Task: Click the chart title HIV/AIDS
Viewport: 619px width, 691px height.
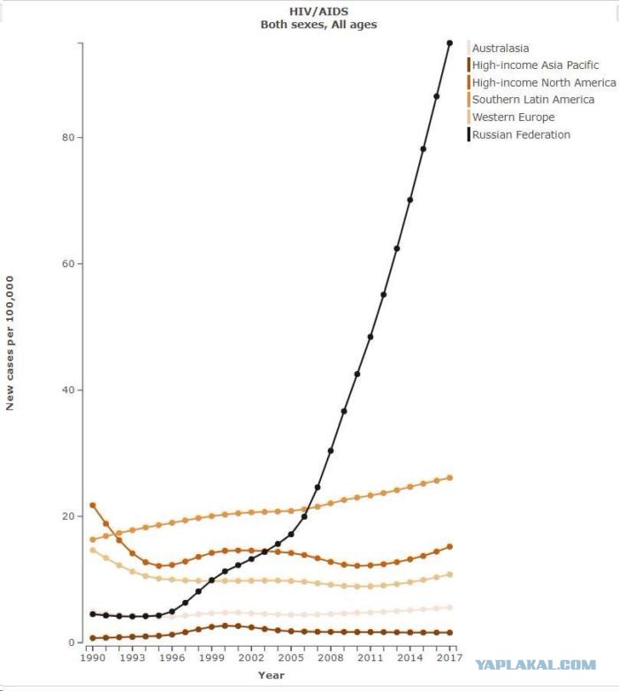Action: point(318,11)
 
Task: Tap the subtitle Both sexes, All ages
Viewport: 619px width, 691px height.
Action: point(318,25)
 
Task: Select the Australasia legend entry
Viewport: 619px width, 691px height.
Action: point(501,48)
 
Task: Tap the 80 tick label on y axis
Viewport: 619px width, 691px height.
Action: point(68,137)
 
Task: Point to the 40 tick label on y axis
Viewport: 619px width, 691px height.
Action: point(68,390)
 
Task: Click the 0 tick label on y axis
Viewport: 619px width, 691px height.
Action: point(72,642)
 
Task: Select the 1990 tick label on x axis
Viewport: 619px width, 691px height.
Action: point(93,657)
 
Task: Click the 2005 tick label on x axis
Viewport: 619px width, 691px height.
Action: point(291,657)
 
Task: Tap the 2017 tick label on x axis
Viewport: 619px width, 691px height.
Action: point(450,657)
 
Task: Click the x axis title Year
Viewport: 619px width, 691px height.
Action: point(271,675)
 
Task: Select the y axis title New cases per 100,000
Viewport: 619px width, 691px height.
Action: point(10,344)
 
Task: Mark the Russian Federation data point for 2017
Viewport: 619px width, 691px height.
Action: point(450,42)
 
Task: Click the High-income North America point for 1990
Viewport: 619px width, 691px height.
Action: point(93,505)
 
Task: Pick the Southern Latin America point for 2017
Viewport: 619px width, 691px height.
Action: point(450,478)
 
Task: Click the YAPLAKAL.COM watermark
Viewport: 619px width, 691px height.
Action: point(536,665)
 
